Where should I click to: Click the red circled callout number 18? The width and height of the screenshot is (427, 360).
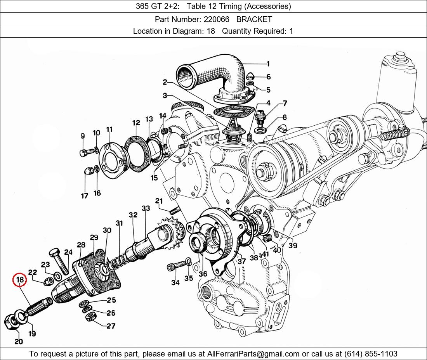pyautogui.click(x=20, y=280)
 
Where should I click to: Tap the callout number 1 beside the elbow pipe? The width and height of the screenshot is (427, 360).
pyautogui.click(x=268, y=64)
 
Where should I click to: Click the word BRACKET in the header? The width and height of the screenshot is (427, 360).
pyautogui.click(x=254, y=19)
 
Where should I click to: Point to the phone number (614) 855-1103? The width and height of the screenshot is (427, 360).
pyautogui.click(x=371, y=354)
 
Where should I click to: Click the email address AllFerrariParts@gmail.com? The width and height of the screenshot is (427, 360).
pyautogui.click(x=253, y=354)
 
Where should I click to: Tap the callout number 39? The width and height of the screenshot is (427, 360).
pyautogui.click(x=293, y=246)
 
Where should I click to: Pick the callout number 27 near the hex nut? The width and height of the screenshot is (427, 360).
pyautogui.click(x=111, y=326)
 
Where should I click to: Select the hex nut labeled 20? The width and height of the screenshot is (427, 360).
pyautogui.click(x=10, y=321)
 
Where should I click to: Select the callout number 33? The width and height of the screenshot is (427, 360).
pyautogui.click(x=146, y=208)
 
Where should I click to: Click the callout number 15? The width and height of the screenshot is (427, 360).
pyautogui.click(x=154, y=178)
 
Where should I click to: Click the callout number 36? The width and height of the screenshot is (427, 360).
pyautogui.click(x=203, y=274)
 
